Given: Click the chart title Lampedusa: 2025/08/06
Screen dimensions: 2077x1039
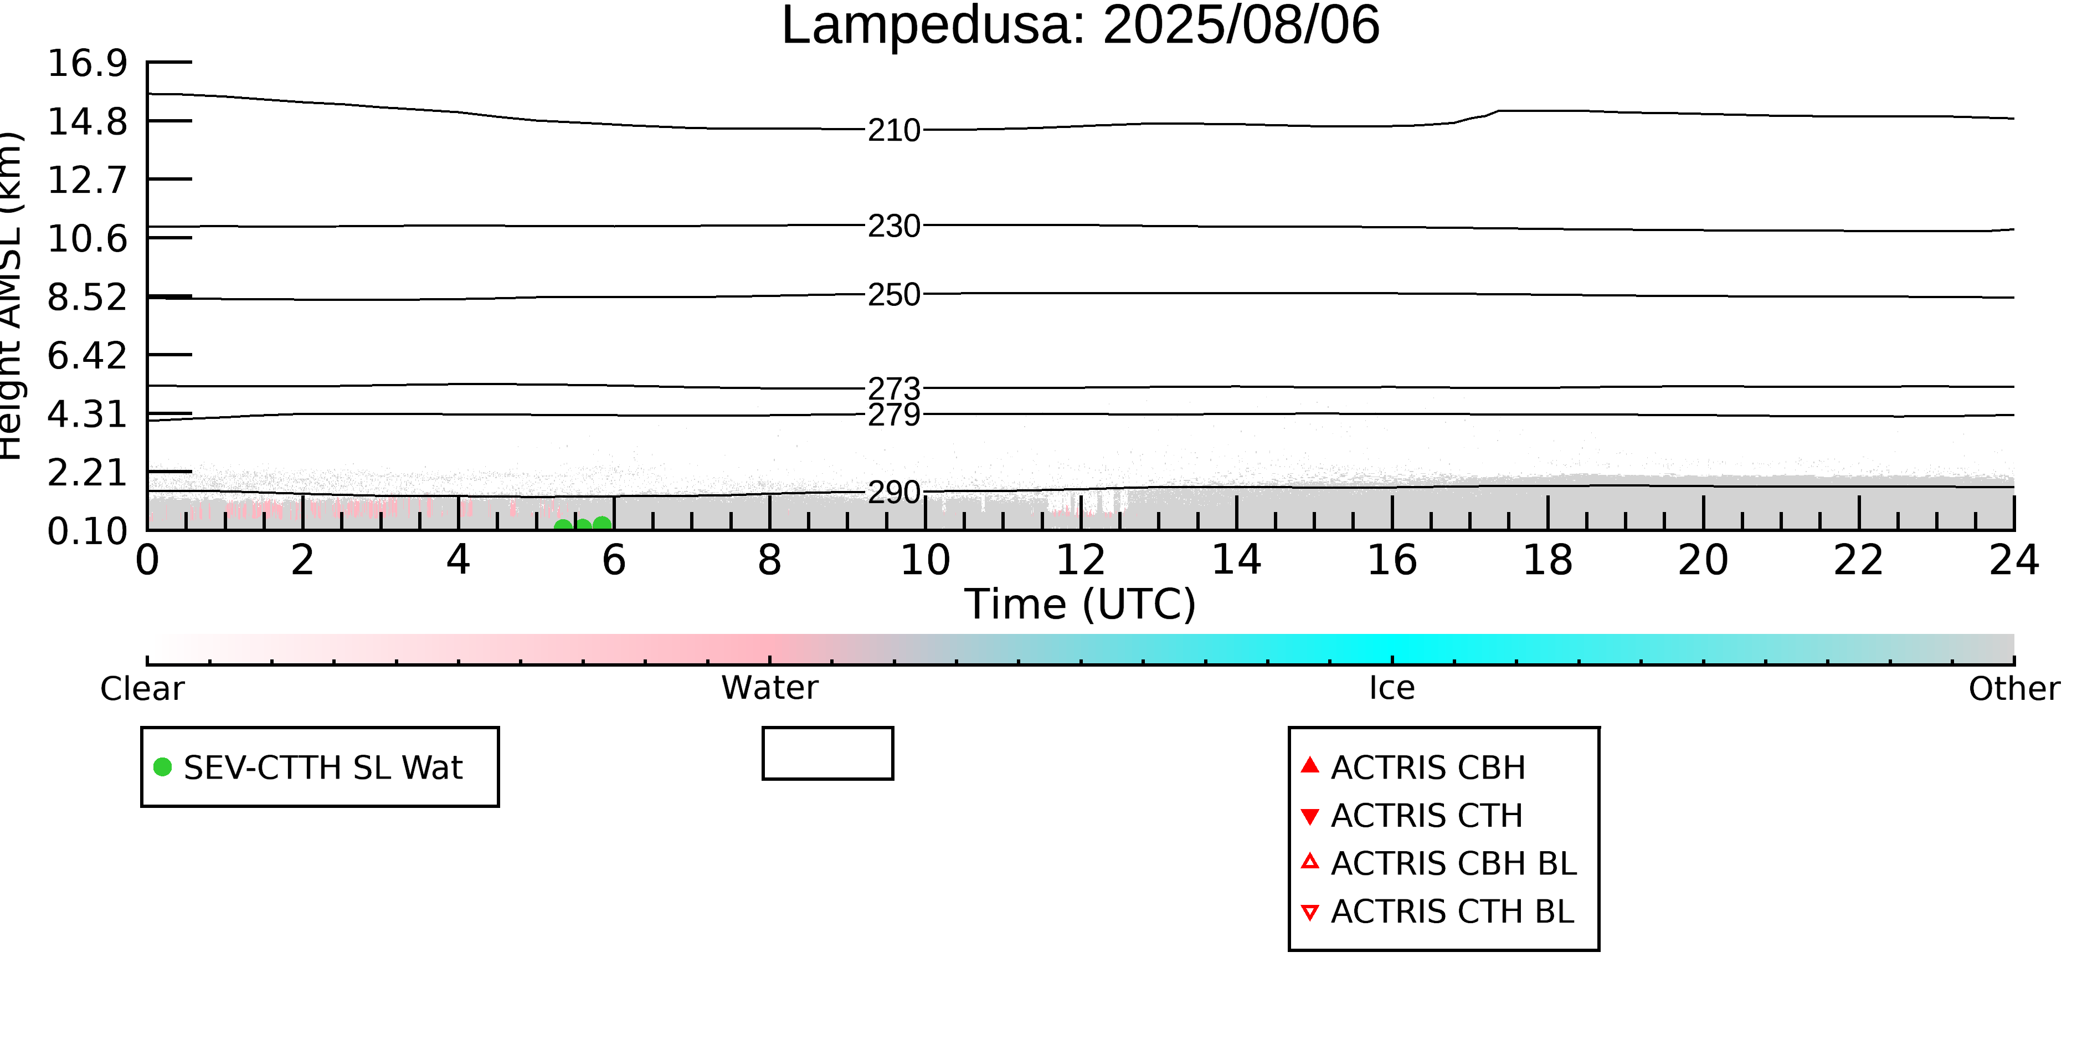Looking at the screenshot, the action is (1081, 26).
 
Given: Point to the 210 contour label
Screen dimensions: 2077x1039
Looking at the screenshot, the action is (893, 130).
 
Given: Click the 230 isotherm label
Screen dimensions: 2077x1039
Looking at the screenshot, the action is (893, 226).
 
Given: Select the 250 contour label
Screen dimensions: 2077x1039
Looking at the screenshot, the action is (893, 294).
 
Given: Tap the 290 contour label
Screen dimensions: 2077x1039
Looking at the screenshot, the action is (893, 492).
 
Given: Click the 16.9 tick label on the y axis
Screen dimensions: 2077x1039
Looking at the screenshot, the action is (87, 63).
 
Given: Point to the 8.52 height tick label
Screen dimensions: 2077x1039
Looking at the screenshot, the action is (87, 297).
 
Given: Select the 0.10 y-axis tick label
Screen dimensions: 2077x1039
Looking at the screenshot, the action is (87, 531).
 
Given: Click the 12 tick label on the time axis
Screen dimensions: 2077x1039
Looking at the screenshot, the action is (1081, 560).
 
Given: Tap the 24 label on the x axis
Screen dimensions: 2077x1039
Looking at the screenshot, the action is (2014, 560).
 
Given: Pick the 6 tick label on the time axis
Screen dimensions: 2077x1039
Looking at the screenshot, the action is (614, 560).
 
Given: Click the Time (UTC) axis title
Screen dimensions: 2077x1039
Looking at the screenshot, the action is (1081, 604).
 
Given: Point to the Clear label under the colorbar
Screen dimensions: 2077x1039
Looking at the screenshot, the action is (142, 689).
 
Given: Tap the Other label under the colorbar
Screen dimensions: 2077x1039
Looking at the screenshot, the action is (2014, 689).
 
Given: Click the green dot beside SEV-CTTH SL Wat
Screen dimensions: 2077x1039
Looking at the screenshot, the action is (163, 766).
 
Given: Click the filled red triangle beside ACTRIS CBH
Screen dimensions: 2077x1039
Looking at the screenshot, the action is (1310, 765).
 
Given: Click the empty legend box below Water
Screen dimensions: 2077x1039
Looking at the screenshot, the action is (828, 754).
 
